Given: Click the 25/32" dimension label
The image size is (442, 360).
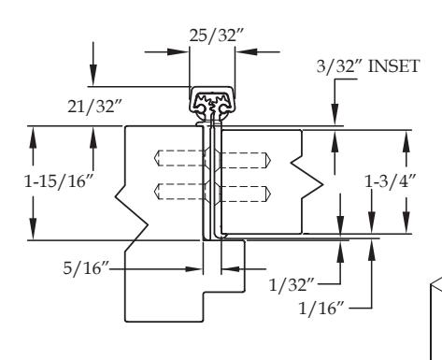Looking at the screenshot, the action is [x=216, y=35].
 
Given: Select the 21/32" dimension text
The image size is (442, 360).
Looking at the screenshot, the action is [x=94, y=107].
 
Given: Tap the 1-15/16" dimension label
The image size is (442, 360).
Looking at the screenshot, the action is [x=59, y=180].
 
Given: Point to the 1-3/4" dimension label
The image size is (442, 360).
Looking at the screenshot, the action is [x=391, y=181].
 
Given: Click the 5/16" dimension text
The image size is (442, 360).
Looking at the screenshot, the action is [x=86, y=268].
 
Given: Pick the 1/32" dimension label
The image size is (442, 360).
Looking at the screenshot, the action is [x=292, y=284].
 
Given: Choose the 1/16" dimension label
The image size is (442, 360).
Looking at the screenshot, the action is [x=321, y=309].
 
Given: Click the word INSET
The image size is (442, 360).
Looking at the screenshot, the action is [x=393, y=66].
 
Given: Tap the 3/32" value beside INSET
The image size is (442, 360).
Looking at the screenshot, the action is [x=340, y=66].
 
